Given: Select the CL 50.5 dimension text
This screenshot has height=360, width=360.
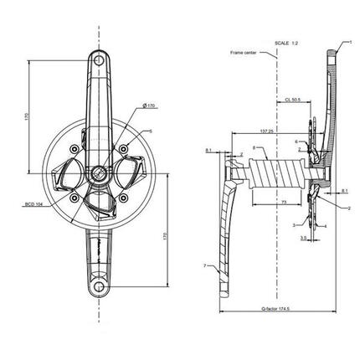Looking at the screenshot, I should click(292, 99).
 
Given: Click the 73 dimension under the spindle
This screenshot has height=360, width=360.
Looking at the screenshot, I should click(285, 203).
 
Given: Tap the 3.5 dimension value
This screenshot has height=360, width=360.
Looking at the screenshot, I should click(304, 239).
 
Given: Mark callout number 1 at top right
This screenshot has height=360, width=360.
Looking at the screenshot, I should click(341, 41).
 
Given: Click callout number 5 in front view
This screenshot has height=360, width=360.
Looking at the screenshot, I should click(150, 131).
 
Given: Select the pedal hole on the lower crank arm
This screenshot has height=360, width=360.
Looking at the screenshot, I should click(99, 289).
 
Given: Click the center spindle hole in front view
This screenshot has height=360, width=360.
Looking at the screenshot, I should click(98, 174).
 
